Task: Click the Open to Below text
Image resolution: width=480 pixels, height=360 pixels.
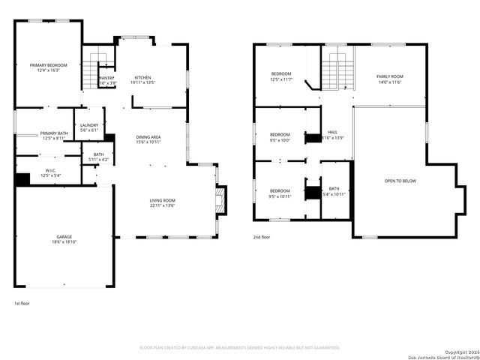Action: point(400,181)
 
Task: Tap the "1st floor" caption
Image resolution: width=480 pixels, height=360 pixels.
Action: point(22,304)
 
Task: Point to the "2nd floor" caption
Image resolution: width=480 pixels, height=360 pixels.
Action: point(262,236)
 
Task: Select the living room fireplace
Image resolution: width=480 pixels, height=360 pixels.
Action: point(220,201)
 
